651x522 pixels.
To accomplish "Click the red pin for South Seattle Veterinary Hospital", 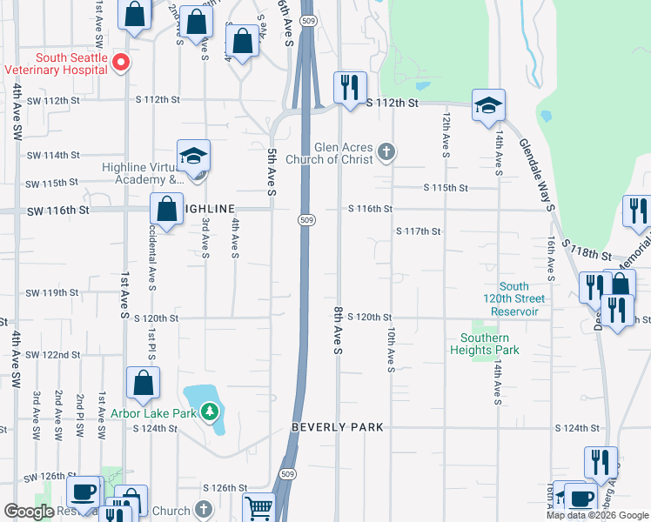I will (x=123, y=62).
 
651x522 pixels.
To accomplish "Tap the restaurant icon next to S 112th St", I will (x=350, y=87).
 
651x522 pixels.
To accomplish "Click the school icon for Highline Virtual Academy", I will (x=193, y=156).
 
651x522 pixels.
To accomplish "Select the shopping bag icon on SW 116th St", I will (x=165, y=209).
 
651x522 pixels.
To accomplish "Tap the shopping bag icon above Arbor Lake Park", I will (x=143, y=382).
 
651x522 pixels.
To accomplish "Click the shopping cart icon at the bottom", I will (x=258, y=507).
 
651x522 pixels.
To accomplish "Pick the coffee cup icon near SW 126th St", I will (x=84, y=492).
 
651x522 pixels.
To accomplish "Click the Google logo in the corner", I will (x=29, y=512).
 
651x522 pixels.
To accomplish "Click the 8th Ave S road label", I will (x=338, y=329).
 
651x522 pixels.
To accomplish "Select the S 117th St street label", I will (x=418, y=231).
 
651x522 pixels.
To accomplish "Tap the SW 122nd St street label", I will (x=52, y=355).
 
